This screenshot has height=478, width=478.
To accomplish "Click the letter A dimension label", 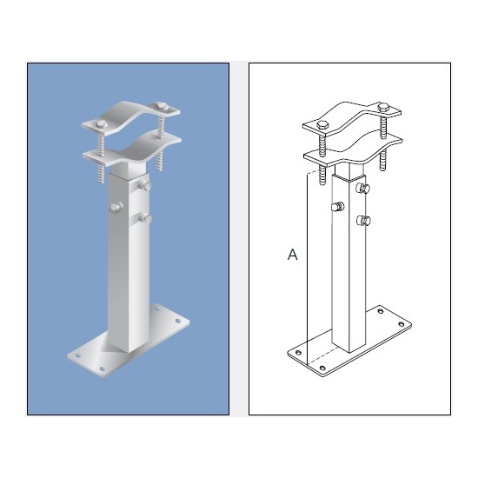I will (x=293, y=255).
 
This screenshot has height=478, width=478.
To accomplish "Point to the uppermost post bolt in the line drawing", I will (x=365, y=188).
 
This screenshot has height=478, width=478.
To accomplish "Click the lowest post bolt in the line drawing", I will (x=364, y=220).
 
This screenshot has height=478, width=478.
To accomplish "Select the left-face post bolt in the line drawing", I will (x=338, y=207).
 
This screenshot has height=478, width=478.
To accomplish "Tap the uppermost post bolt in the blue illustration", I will (x=147, y=186).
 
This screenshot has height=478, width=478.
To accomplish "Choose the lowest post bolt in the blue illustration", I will (x=146, y=217).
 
